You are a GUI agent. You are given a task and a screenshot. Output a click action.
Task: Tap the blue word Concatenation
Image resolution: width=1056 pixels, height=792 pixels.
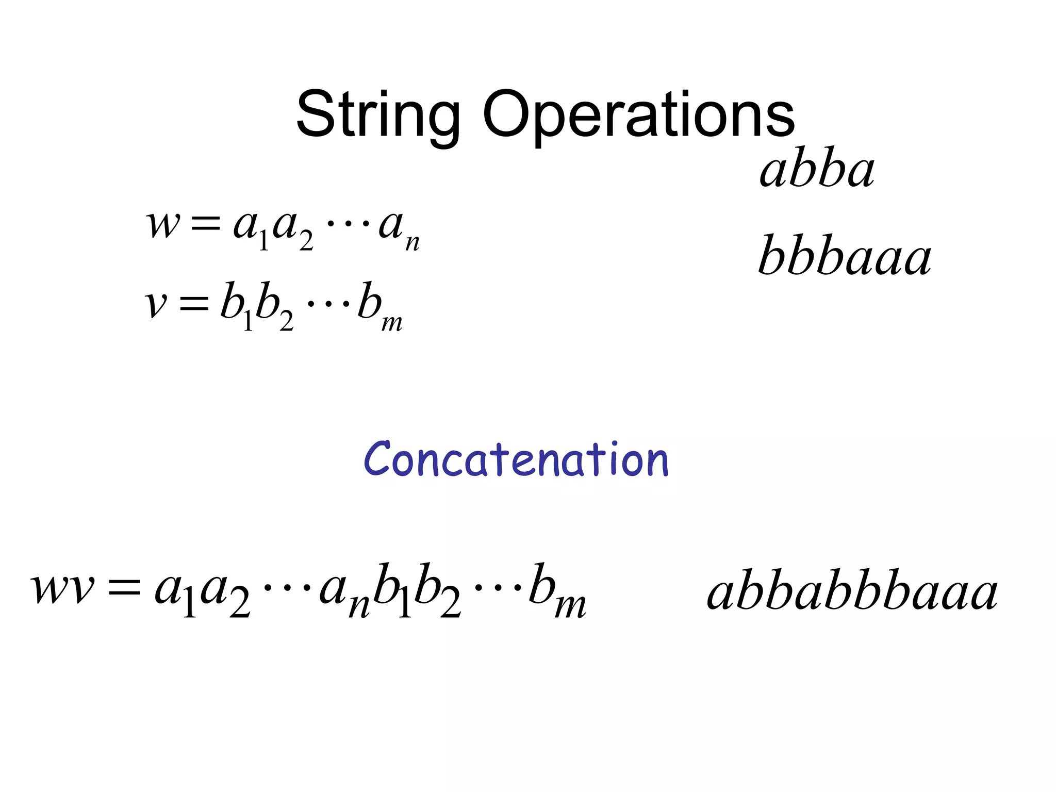tap(516, 459)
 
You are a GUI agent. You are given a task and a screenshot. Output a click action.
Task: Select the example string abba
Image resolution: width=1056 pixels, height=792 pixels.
tap(817, 170)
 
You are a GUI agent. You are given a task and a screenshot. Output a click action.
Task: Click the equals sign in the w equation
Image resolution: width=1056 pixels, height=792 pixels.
tap(206, 225)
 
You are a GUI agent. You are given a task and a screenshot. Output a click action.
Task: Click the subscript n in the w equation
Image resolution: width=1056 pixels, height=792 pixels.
tap(412, 243)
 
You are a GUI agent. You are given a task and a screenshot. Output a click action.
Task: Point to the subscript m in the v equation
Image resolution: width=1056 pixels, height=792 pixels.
tap(392, 323)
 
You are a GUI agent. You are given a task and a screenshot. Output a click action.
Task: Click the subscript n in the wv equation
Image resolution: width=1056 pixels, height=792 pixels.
tap(359, 606)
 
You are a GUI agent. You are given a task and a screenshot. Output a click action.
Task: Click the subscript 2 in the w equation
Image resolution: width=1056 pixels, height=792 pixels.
tap(306, 241)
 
